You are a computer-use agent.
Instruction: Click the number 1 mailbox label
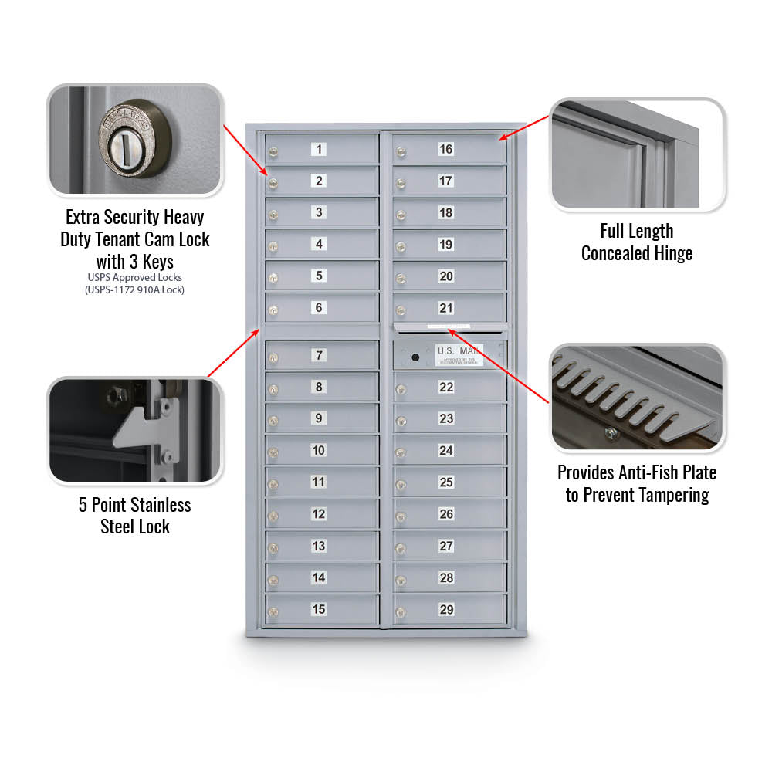tap(319, 149)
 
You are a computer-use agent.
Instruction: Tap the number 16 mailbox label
tap(445, 149)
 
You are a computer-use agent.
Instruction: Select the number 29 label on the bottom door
tap(446, 609)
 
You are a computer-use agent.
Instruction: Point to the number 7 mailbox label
tap(319, 355)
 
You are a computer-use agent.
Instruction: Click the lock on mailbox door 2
tap(273, 183)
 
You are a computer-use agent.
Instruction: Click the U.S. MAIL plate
tap(459, 354)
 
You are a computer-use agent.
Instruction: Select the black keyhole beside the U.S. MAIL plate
tap(415, 357)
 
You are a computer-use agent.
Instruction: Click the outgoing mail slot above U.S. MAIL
tap(450, 327)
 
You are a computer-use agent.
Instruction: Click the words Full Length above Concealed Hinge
tap(637, 231)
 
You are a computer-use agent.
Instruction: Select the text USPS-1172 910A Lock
tap(135, 289)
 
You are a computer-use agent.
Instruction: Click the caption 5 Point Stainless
tap(134, 505)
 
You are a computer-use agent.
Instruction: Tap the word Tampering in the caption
tap(670, 495)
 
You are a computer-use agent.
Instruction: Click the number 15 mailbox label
tap(319, 609)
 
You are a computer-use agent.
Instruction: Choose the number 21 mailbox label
tap(445, 308)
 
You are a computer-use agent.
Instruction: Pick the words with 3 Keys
tap(135, 261)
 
